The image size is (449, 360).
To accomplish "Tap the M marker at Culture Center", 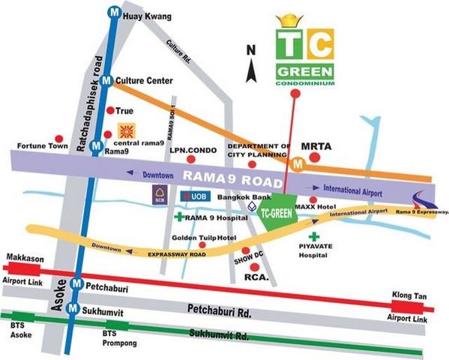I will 106,80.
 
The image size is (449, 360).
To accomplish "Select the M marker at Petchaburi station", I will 75,285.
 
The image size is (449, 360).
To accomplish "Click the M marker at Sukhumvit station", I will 71,307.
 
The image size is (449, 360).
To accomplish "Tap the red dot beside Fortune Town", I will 59,139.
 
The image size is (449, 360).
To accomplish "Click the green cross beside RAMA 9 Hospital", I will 178,217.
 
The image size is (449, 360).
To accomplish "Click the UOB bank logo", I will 193,196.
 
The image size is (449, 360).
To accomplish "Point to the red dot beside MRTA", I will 316,157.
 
